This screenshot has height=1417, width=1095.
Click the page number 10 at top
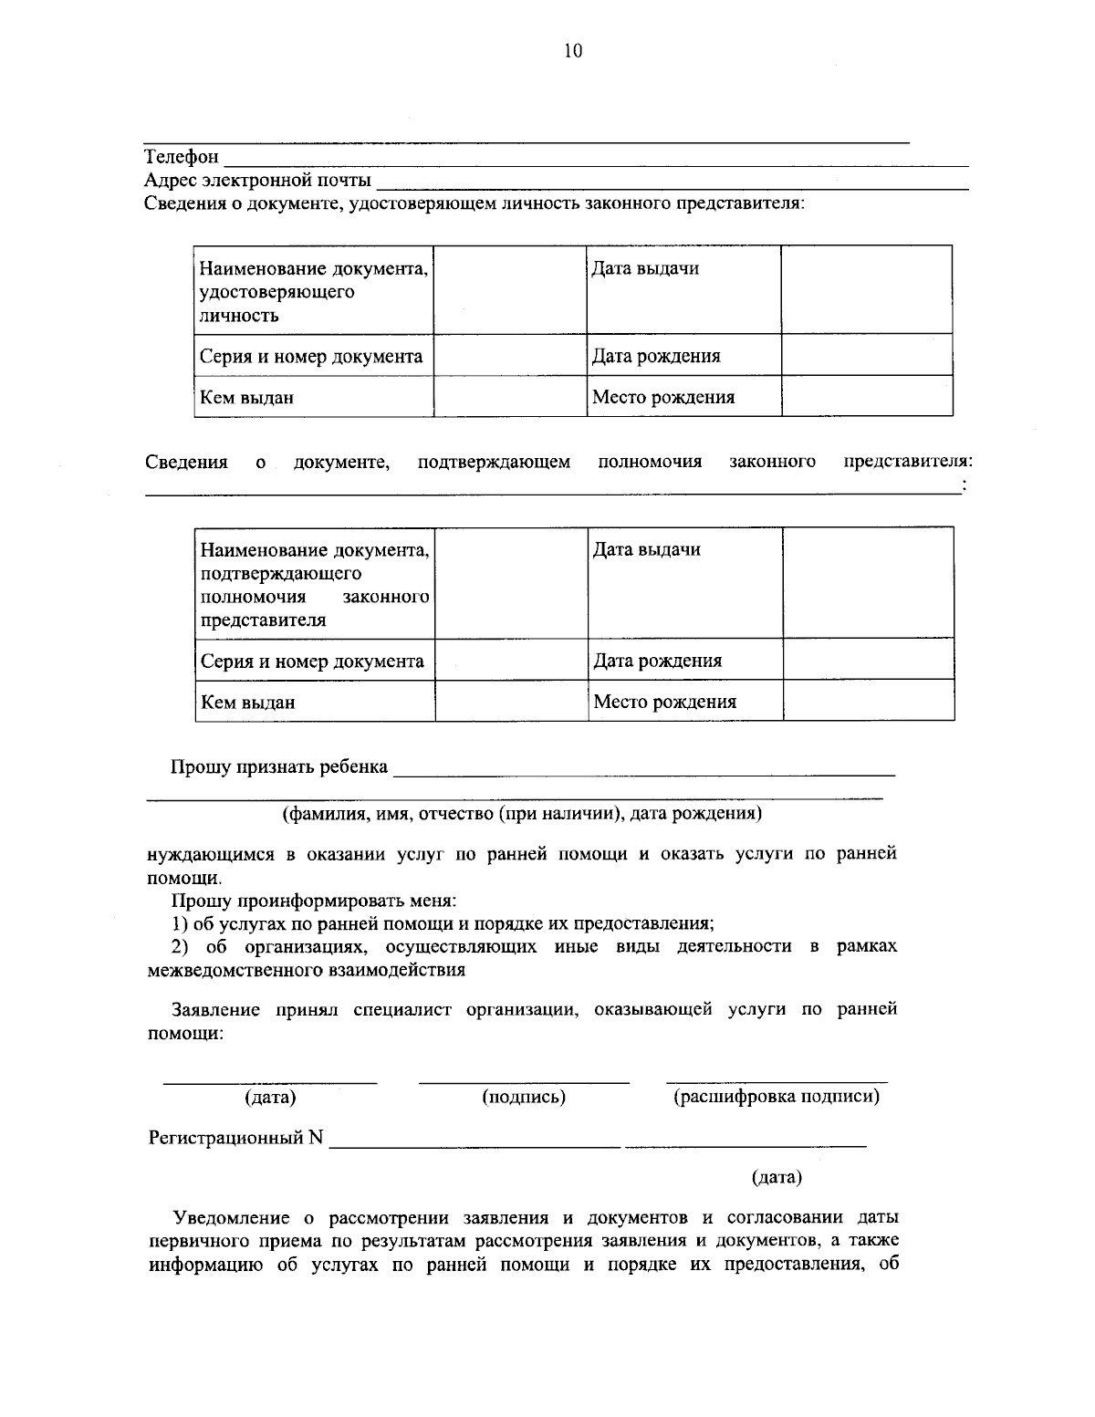[x=572, y=51]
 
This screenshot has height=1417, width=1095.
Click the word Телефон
[x=182, y=157]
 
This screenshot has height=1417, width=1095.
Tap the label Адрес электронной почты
[x=258, y=180]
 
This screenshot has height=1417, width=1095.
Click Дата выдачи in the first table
[x=645, y=268]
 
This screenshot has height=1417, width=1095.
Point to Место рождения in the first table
[x=663, y=397]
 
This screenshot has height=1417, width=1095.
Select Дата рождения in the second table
[x=658, y=661]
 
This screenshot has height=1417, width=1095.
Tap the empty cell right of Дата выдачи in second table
[x=868, y=582]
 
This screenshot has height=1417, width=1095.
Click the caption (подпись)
[x=524, y=1097]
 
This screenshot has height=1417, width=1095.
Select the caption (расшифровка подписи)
[x=777, y=1097]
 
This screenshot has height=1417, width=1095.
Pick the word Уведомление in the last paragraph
[x=233, y=1217]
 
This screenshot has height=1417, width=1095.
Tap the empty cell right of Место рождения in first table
[x=867, y=397]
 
